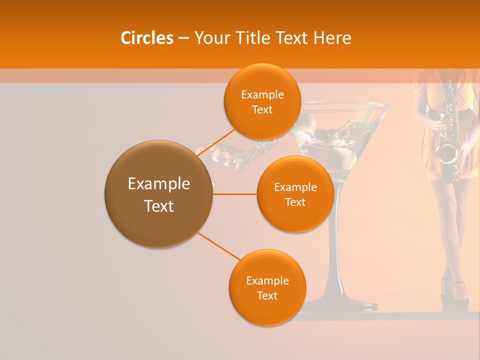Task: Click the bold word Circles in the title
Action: (147, 38)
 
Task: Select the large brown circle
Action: (158, 194)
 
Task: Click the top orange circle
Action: (262, 101)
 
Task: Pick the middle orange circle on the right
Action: (295, 194)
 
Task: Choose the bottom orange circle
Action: (267, 287)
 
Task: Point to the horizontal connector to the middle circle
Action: (235, 194)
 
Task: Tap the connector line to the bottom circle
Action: (218, 246)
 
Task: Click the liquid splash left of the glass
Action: (235, 152)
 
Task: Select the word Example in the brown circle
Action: (158, 184)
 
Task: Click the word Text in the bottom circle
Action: (267, 295)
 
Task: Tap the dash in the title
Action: (183, 38)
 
